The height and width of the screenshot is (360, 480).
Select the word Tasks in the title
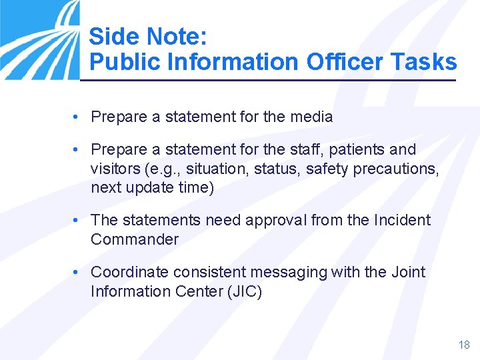(425, 62)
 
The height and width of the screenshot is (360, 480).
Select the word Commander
(135, 239)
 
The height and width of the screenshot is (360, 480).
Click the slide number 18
(464, 345)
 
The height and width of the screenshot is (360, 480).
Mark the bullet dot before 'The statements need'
(77, 221)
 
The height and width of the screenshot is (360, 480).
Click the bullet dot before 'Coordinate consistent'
(77, 272)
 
